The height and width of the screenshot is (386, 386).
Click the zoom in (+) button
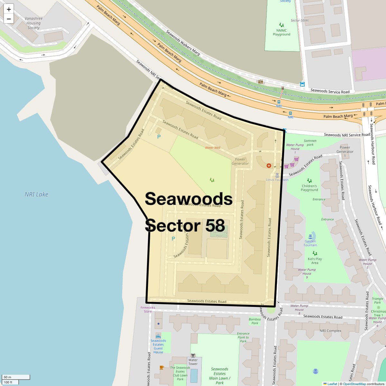pos(9,9)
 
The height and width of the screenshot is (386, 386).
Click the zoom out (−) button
pos(9,19)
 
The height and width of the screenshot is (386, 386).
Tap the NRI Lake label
pos(36,194)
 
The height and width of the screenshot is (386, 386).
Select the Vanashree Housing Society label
pos(33,23)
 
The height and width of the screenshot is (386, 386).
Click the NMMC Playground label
pos(281,32)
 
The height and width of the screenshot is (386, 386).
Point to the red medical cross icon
pos(269,166)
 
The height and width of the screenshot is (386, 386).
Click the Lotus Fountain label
pos(277,179)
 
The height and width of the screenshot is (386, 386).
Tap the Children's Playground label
pos(309,188)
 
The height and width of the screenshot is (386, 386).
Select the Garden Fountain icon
pos(310,236)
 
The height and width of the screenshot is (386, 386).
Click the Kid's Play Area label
pos(315,261)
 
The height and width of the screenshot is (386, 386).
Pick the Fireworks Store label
pos(148,309)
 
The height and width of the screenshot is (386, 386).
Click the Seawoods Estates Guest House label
pos(158,346)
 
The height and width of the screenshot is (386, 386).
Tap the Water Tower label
pos(193,362)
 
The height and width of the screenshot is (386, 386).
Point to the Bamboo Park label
pos(255,321)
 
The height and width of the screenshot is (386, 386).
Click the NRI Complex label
pos(330,331)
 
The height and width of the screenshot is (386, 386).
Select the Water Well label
pos(213,148)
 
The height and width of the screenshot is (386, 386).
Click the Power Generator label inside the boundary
pos(240,161)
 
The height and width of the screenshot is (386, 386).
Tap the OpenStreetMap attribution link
pos(354,384)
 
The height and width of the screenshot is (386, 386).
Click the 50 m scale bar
pos(16,377)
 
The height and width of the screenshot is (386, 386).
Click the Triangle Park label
pos(377,300)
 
